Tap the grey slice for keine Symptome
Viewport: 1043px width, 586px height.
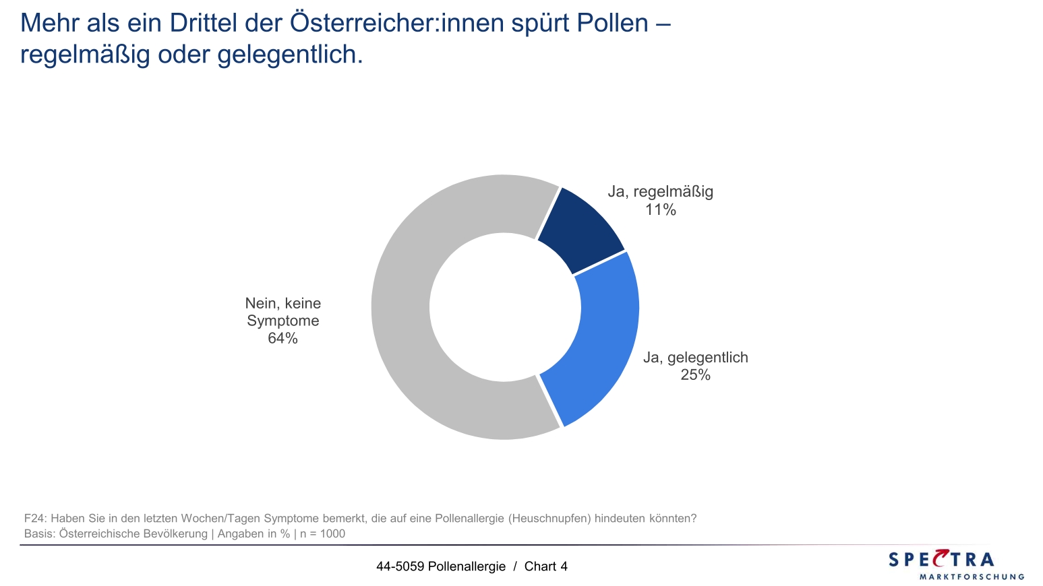418,317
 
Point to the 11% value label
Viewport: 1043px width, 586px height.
660,210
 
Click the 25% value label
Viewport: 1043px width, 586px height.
695,375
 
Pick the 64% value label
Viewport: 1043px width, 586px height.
282,338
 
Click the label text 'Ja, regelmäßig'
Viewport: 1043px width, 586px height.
660,192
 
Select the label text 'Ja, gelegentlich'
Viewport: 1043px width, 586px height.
695,358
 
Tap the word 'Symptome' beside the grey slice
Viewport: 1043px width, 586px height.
282,321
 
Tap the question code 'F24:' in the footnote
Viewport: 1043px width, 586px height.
35,519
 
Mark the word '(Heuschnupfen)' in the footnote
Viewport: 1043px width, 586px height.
549,519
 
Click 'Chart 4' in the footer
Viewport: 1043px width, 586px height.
545,566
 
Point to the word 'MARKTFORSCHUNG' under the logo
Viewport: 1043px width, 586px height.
972,577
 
